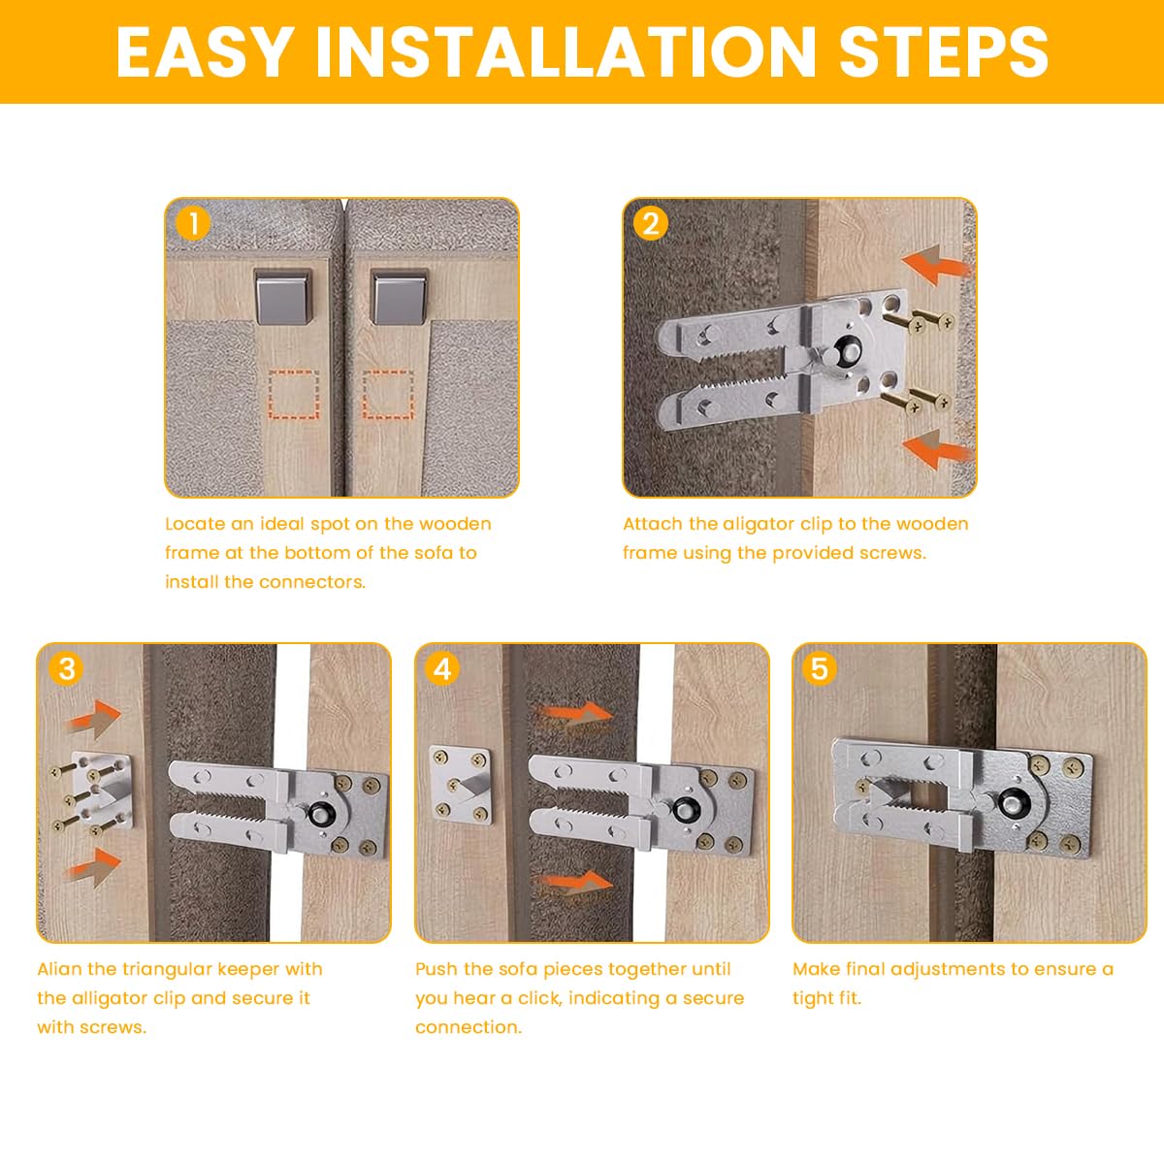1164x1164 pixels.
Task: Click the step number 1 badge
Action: tap(193, 224)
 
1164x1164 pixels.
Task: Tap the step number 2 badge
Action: tap(651, 224)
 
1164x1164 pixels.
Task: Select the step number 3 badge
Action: tap(67, 669)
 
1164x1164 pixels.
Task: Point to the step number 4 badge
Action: tap(442, 669)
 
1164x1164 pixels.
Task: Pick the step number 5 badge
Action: tap(820, 669)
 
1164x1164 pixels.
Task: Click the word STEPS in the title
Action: tap(944, 52)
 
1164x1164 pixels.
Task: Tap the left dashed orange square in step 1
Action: tap(294, 395)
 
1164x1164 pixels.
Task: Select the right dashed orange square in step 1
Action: tap(388, 395)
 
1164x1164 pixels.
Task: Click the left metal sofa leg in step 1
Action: tap(283, 296)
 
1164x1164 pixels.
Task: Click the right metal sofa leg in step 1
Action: tap(399, 296)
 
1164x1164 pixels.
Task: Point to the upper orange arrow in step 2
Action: tap(935, 265)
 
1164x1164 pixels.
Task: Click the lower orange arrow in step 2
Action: tap(935, 449)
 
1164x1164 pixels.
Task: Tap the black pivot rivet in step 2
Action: tap(841, 350)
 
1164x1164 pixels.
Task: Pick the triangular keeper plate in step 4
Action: tap(461, 786)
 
